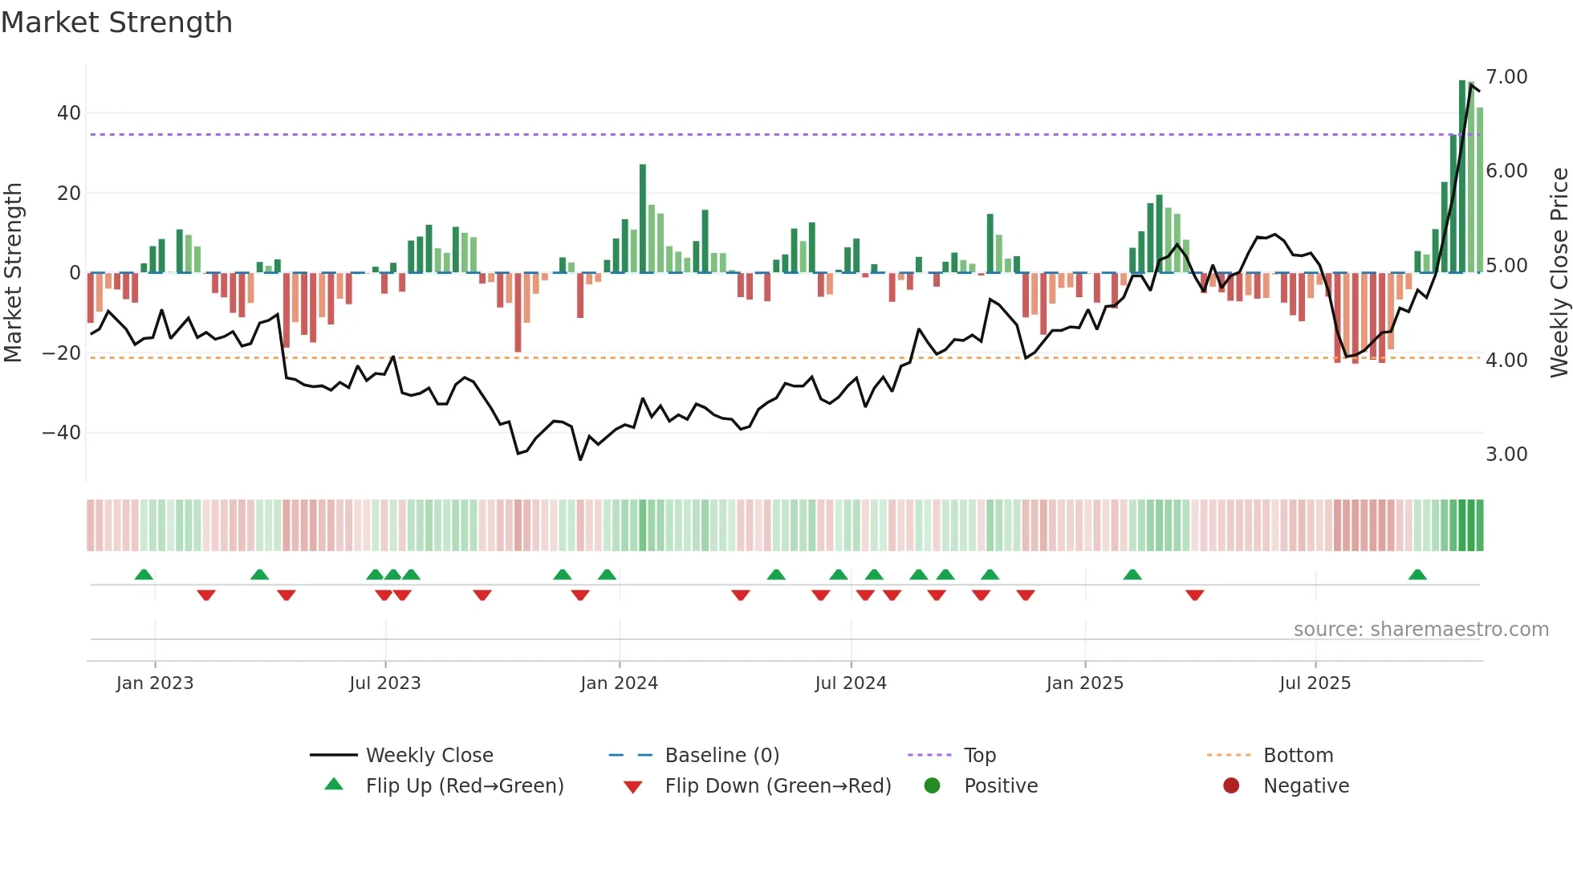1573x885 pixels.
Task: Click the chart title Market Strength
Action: coord(116,22)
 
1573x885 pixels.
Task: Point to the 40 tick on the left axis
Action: coord(69,113)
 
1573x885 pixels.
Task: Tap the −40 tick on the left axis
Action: coord(62,433)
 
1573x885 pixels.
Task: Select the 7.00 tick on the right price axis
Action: coord(1506,77)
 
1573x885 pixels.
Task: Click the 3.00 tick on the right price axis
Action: coord(1506,455)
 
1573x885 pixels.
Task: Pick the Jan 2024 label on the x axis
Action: coord(619,683)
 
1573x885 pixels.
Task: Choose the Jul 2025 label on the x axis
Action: coord(1315,683)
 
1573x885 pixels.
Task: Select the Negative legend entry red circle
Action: coord(1231,786)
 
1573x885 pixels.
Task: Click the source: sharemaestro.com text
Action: coord(1421,630)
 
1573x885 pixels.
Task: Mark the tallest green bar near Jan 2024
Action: coord(643,218)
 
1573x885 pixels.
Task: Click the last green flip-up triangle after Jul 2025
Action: coord(1417,575)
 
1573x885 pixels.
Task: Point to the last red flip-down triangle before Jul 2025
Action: coord(1194,595)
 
